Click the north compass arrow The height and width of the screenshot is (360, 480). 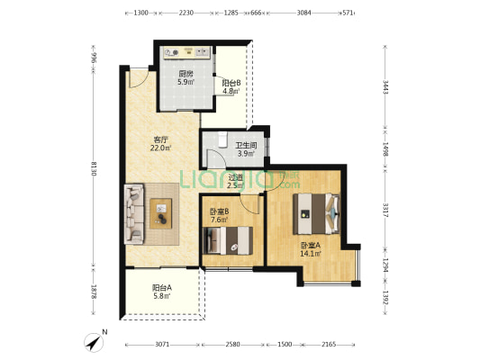point(94,343)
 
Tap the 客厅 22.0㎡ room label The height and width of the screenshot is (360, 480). point(160,144)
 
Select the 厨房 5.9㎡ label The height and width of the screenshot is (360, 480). point(186,77)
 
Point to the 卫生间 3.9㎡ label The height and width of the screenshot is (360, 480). point(246,149)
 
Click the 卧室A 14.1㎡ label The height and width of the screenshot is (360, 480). point(311,249)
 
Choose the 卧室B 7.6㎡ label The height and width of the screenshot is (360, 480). point(219,216)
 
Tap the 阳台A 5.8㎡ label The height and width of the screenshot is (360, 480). point(161,292)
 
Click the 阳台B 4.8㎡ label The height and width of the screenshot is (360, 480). point(231,87)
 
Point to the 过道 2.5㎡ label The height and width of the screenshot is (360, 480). point(236,181)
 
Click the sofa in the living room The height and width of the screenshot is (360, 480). point(134,214)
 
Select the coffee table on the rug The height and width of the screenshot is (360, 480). point(160,213)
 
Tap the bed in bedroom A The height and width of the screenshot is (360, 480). point(316,213)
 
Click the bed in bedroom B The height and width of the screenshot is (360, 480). point(228,240)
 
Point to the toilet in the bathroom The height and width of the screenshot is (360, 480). point(222,139)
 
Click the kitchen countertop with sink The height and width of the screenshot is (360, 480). point(187,52)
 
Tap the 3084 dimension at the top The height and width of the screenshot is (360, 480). point(303,13)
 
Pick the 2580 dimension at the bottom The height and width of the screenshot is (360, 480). point(232,345)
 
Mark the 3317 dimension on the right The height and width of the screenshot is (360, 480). point(385,210)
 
